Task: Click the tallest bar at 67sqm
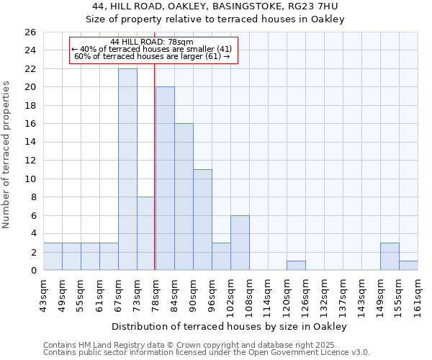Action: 127,169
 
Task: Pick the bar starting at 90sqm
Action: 202,220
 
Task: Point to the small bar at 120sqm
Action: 296,266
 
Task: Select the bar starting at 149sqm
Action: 390,256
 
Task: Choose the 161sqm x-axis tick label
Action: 418,294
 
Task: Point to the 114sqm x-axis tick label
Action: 268,294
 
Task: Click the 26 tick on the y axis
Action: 30,32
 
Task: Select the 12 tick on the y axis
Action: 30,161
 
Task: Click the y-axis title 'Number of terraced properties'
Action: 7,154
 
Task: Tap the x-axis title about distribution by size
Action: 230,326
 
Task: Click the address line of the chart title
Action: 215,6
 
